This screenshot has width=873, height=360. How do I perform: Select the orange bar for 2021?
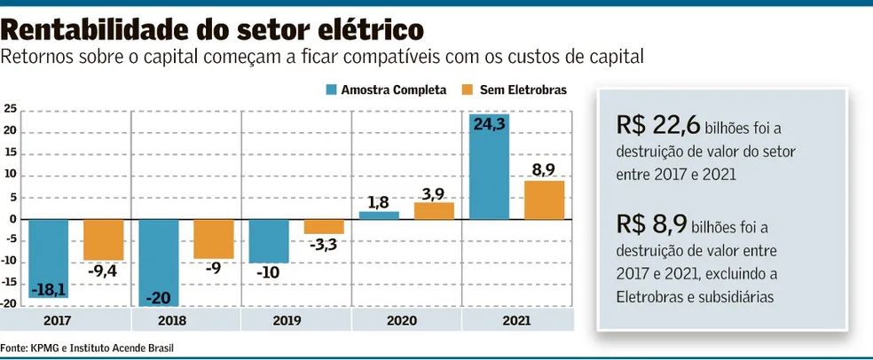point(545,200)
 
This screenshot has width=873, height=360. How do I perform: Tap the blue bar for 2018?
point(159,262)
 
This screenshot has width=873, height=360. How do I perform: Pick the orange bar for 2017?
point(103,239)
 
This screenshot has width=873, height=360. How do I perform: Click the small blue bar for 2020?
point(379,215)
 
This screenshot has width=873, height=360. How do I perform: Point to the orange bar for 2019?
point(324,226)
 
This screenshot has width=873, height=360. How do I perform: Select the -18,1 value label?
point(49,291)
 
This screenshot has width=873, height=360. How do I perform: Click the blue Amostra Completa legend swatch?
point(332,90)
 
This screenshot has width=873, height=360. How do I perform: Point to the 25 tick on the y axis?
point(11,110)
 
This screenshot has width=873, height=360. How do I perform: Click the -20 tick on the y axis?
point(11,303)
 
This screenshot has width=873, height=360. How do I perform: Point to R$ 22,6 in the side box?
point(655,125)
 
